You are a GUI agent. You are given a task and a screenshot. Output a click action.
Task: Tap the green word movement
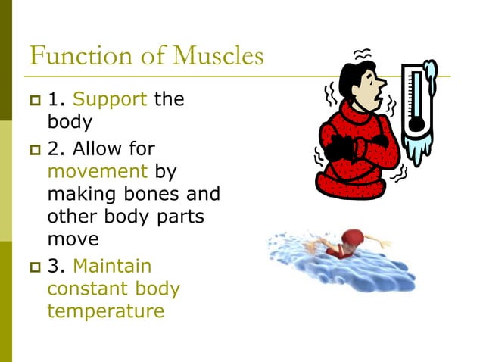[x=97, y=170]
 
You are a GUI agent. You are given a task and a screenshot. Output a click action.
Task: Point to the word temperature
[x=105, y=311]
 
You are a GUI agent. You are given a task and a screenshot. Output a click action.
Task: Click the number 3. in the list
[x=58, y=266]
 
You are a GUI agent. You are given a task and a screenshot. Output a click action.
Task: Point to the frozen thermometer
[x=416, y=106]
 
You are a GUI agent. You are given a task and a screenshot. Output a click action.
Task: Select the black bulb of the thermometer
[x=414, y=126]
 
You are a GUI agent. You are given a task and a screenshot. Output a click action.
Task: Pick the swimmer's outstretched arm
[x=379, y=244]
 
